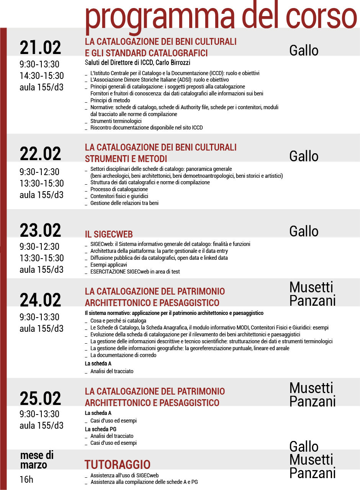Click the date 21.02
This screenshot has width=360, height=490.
(40, 48)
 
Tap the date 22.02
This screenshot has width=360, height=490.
(40, 154)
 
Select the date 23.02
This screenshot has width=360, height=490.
(40, 231)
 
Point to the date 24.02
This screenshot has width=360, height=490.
(40, 300)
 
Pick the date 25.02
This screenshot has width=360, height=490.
(40, 398)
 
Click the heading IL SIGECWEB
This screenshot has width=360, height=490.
(109, 234)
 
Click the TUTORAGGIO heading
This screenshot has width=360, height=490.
(117, 465)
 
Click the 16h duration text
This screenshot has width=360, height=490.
(26, 479)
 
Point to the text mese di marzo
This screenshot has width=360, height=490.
(36, 460)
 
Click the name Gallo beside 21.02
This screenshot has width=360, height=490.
(304, 50)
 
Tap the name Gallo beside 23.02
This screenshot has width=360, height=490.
(304, 231)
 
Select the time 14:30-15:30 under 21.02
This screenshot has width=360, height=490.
(42, 76)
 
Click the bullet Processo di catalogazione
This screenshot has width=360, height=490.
(119, 189)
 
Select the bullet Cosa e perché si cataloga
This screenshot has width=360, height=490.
(118, 321)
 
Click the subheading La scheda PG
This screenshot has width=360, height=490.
(100, 429)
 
